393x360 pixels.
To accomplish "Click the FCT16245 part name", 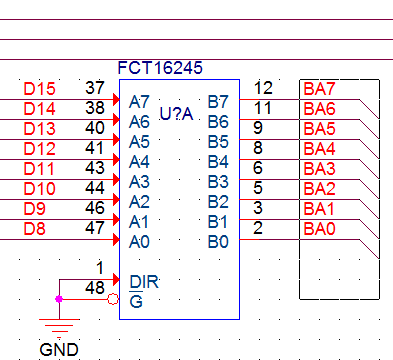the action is [x=160, y=68].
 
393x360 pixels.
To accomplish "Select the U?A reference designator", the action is [x=176, y=114].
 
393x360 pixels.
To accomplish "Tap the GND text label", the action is [x=59, y=350].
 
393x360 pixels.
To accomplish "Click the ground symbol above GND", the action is [x=59, y=327].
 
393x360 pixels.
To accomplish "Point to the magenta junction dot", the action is [x=59, y=299].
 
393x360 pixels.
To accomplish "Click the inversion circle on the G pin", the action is [x=113, y=299].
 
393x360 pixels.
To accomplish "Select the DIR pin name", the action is [x=144, y=282].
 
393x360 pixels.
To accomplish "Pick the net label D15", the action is [x=39, y=89].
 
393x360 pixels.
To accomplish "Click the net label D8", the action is [x=34, y=229].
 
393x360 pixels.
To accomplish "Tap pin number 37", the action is [x=95, y=88].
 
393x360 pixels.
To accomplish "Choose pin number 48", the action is [x=95, y=288].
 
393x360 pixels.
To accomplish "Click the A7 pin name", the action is [x=139, y=102].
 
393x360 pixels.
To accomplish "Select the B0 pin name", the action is [x=218, y=242].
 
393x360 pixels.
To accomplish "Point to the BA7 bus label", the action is [x=319, y=89].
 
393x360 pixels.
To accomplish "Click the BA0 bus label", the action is [x=319, y=229].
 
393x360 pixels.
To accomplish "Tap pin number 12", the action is [x=263, y=88].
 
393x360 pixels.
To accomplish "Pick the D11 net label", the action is [x=39, y=169].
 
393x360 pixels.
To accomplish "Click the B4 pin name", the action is [x=218, y=162].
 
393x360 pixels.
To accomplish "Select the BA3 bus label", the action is [x=319, y=169].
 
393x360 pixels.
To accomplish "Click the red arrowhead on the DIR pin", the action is [x=116, y=279].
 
